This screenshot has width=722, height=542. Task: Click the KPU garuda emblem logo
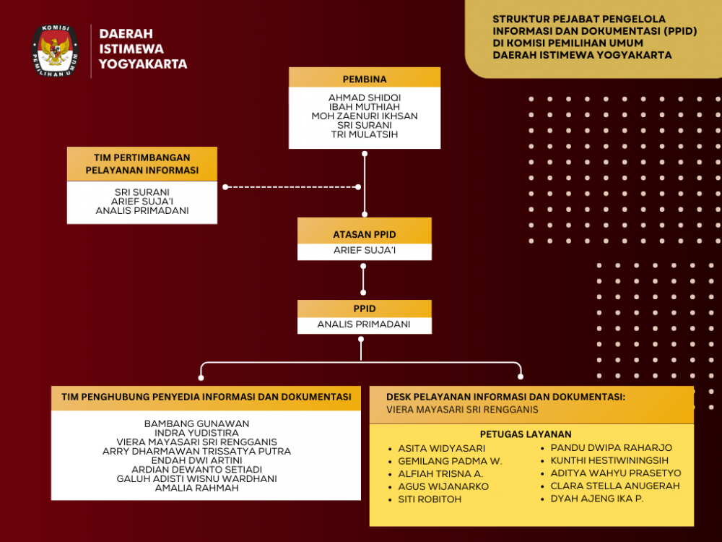click(x=55, y=51)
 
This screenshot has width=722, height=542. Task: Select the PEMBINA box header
click(x=365, y=78)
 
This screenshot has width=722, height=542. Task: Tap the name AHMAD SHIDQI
click(x=365, y=98)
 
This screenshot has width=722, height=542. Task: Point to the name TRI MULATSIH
click(x=365, y=134)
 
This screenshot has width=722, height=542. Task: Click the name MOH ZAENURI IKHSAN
click(x=365, y=116)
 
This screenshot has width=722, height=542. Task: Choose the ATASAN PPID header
click(x=365, y=234)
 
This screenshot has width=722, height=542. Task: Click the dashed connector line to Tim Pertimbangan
click(x=292, y=187)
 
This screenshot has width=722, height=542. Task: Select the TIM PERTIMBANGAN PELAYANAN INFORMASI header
click(x=142, y=164)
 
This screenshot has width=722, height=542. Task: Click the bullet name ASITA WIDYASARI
click(x=441, y=448)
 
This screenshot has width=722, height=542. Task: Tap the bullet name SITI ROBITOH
click(x=430, y=499)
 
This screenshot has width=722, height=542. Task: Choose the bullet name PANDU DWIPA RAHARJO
click(x=611, y=448)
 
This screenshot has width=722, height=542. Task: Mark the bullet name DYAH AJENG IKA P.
click(x=596, y=499)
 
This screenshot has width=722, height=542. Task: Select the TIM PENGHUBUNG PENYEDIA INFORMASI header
click(x=206, y=397)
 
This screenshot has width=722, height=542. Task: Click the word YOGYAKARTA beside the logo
click(x=143, y=64)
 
